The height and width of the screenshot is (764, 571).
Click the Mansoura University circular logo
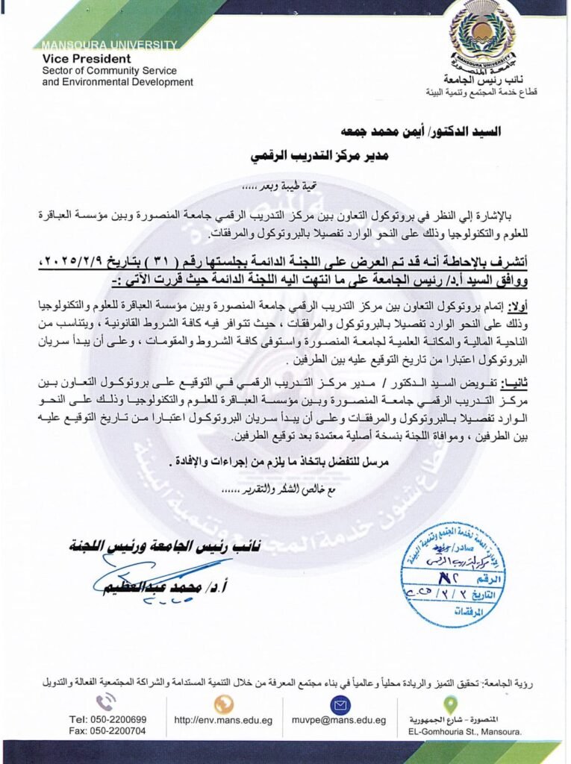click(481, 34)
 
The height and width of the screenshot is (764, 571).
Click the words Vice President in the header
click(87, 59)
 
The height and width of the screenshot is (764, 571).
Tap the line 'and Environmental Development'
click(118, 82)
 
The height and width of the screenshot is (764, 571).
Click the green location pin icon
click(449, 704)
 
